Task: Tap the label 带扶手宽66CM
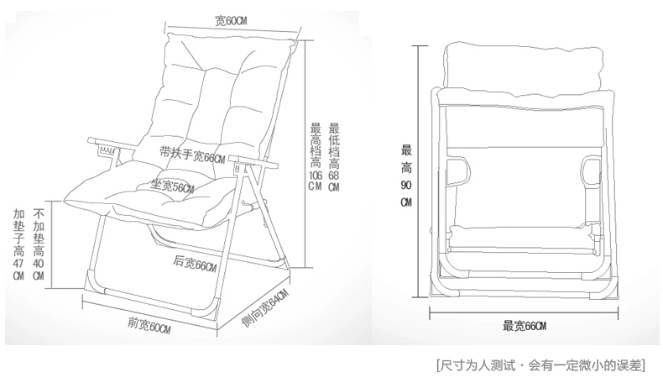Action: [x=194, y=156]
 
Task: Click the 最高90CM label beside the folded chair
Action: [x=406, y=176]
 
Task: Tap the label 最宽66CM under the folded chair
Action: [x=525, y=326]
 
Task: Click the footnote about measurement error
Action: [x=541, y=365]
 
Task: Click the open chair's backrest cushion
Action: [x=209, y=92]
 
